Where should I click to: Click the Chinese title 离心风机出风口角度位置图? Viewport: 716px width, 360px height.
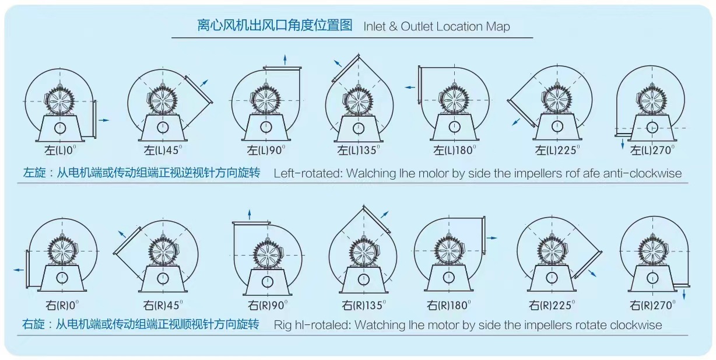(275, 26)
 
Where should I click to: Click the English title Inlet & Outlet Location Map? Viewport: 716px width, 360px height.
(436, 27)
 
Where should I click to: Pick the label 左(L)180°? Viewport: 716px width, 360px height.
(454, 150)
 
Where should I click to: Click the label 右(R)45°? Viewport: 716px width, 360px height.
(163, 305)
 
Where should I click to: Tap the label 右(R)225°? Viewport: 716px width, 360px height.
(552, 305)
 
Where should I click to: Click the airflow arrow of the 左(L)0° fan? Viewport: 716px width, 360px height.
(103, 120)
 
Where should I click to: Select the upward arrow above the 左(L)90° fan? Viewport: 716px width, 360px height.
(285, 59)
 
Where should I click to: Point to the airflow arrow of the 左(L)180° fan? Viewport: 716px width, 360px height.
(410, 87)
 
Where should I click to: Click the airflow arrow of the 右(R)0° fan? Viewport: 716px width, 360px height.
(19, 270)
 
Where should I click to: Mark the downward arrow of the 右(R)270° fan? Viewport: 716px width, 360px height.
(683, 295)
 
